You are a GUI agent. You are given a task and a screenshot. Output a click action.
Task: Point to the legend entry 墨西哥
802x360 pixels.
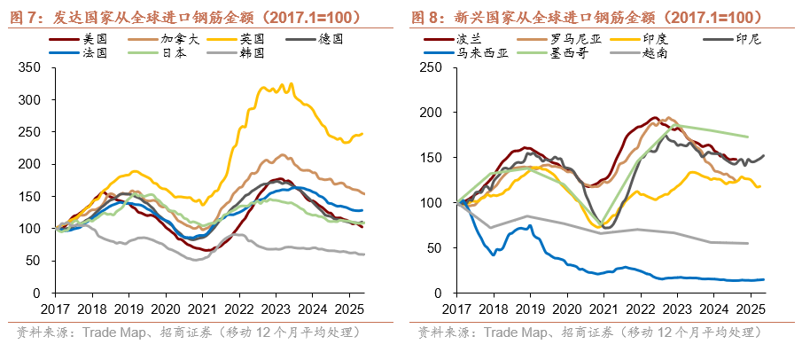(563, 53)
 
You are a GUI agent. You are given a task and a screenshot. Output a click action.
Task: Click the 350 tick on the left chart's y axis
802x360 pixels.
(33, 67)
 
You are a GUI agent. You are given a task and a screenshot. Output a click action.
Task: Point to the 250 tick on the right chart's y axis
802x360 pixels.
(431, 67)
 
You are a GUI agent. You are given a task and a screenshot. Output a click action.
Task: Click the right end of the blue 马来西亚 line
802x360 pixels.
(764, 279)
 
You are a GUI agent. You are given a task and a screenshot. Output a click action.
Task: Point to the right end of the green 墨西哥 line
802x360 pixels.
(750, 137)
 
